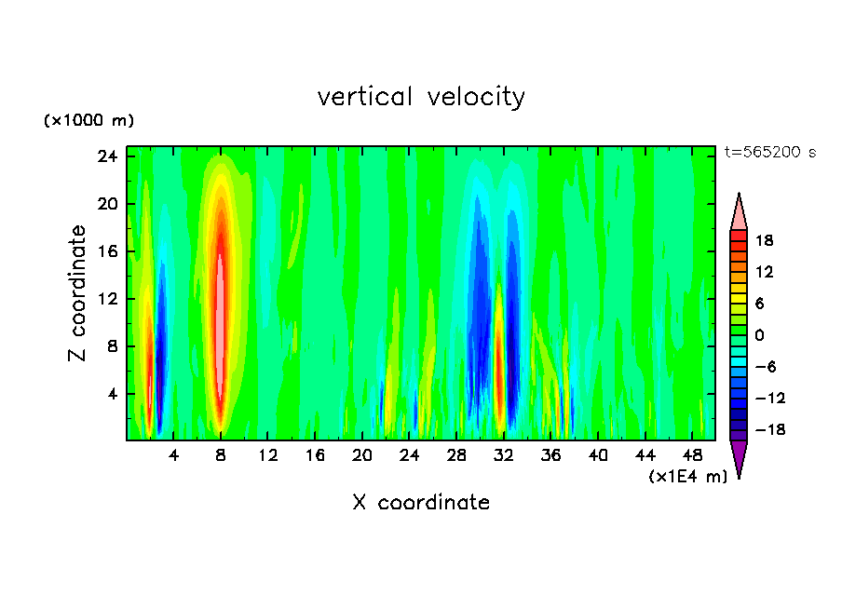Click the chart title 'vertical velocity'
pos(421,97)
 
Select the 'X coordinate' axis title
pos(421,503)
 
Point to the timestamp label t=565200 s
pos(769,153)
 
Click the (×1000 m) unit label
pos(89,121)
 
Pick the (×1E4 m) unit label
pos(687,477)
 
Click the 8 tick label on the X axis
pos(221,455)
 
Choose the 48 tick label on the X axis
pos(692,455)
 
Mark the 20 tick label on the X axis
pos(362,455)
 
